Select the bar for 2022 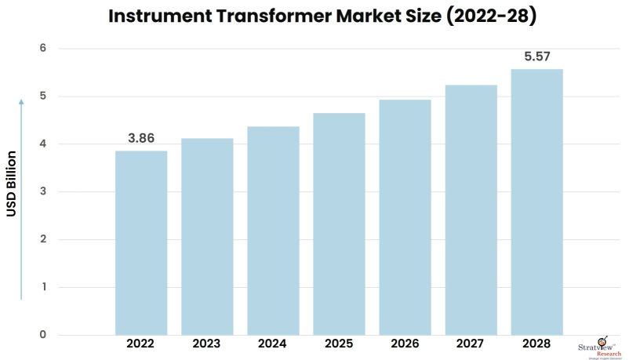tap(141, 243)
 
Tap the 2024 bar tap(273, 231)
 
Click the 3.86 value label tap(141, 138)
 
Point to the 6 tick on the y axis tap(43, 49)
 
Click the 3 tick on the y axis tap(43, 192)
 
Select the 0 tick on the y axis tap(43, 335)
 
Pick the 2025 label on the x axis tap(339, 344)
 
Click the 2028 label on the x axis tap(536, 344)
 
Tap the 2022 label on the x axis tap(141, 344)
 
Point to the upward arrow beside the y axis tap(22, 196)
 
